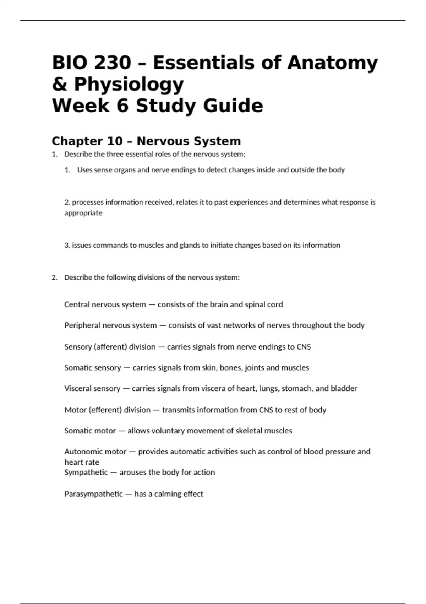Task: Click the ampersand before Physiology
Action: click(x=60, y=85)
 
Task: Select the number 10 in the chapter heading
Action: click(x=114, y=141)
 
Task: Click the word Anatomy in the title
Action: click(x=332, y=63)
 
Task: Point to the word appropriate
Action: click(x=83, y=213)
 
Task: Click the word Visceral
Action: click(x=78, y=388)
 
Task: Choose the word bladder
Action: click(x=344, y=388)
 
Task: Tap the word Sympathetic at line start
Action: click(x=86, y=473)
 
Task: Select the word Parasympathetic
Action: click(x=93, y=494)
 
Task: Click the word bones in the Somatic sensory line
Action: click(x=231, y=368)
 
